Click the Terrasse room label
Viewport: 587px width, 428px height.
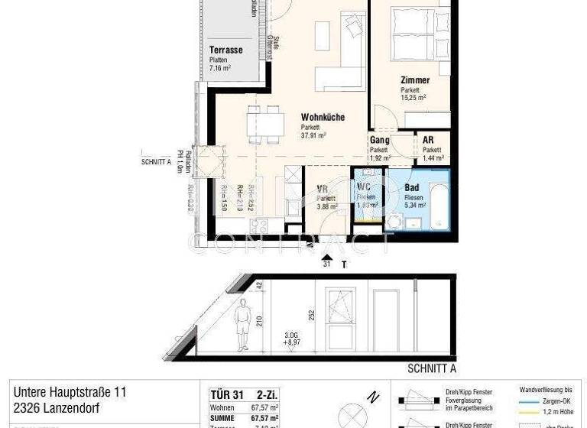coord(225,50)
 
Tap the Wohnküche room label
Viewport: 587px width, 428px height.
coord(322,118)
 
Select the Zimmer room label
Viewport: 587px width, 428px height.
coord(414,80)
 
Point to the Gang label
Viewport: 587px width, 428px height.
coord(380,141)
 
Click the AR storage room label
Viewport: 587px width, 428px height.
coord(428,141)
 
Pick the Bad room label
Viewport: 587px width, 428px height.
coord(412,187)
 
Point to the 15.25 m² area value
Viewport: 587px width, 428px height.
coord(413,98)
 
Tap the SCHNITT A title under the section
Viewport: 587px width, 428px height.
coord(432,368)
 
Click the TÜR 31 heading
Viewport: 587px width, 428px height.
coord(226,394)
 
